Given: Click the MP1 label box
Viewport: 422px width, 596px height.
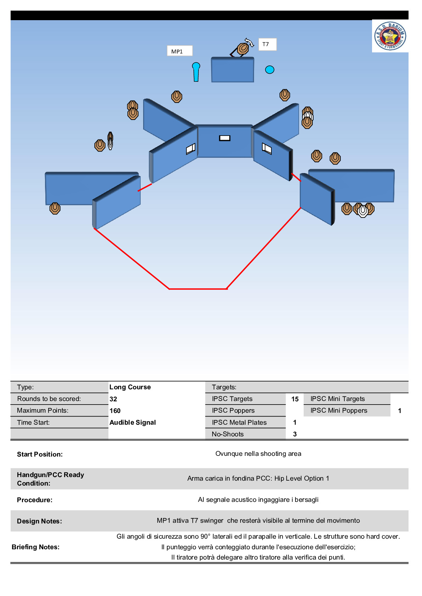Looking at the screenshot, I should click(x=180, y=51).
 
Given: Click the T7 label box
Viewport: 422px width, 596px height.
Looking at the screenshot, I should click(x=267, y=44).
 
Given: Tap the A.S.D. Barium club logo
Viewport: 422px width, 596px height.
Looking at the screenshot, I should click(x=390, y=36).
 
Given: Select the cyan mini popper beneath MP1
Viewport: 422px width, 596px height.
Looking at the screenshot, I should click(x=196, y=72).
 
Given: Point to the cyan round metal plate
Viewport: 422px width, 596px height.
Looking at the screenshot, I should click(x=270, y=70).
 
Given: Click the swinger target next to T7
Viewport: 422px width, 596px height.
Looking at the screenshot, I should click(x=243, y=48).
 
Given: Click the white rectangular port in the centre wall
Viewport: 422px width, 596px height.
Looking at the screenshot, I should click(x=225, y=138).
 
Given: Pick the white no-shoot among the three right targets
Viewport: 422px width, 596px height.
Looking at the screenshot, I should click(x=363, y=211).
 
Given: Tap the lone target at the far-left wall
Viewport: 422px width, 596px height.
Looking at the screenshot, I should click(x=55, y=208).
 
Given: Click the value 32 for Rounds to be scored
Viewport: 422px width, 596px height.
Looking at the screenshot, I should click(x=113, y=399).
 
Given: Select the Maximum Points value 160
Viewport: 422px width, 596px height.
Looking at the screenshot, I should click(x=115, y=411).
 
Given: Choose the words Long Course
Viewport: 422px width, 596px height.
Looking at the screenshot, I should click(x=130, y=387).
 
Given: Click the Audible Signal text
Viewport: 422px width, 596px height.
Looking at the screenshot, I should click(x=133, y=422).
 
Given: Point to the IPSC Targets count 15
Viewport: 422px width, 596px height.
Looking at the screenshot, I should click(x=295, y=399).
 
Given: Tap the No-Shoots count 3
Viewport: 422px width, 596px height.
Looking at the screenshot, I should click(x=295, y=434).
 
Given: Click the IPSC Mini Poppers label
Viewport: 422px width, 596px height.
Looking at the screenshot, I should click(x=339, y=411).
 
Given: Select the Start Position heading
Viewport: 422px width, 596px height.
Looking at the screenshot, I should click(x=40, y=454).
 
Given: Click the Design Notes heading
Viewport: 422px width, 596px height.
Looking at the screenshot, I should click(x=39, y=521).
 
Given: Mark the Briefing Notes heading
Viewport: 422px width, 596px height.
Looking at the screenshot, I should click(x=35, y=547).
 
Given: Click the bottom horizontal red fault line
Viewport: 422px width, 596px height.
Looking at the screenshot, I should click(x=198, y=289).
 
